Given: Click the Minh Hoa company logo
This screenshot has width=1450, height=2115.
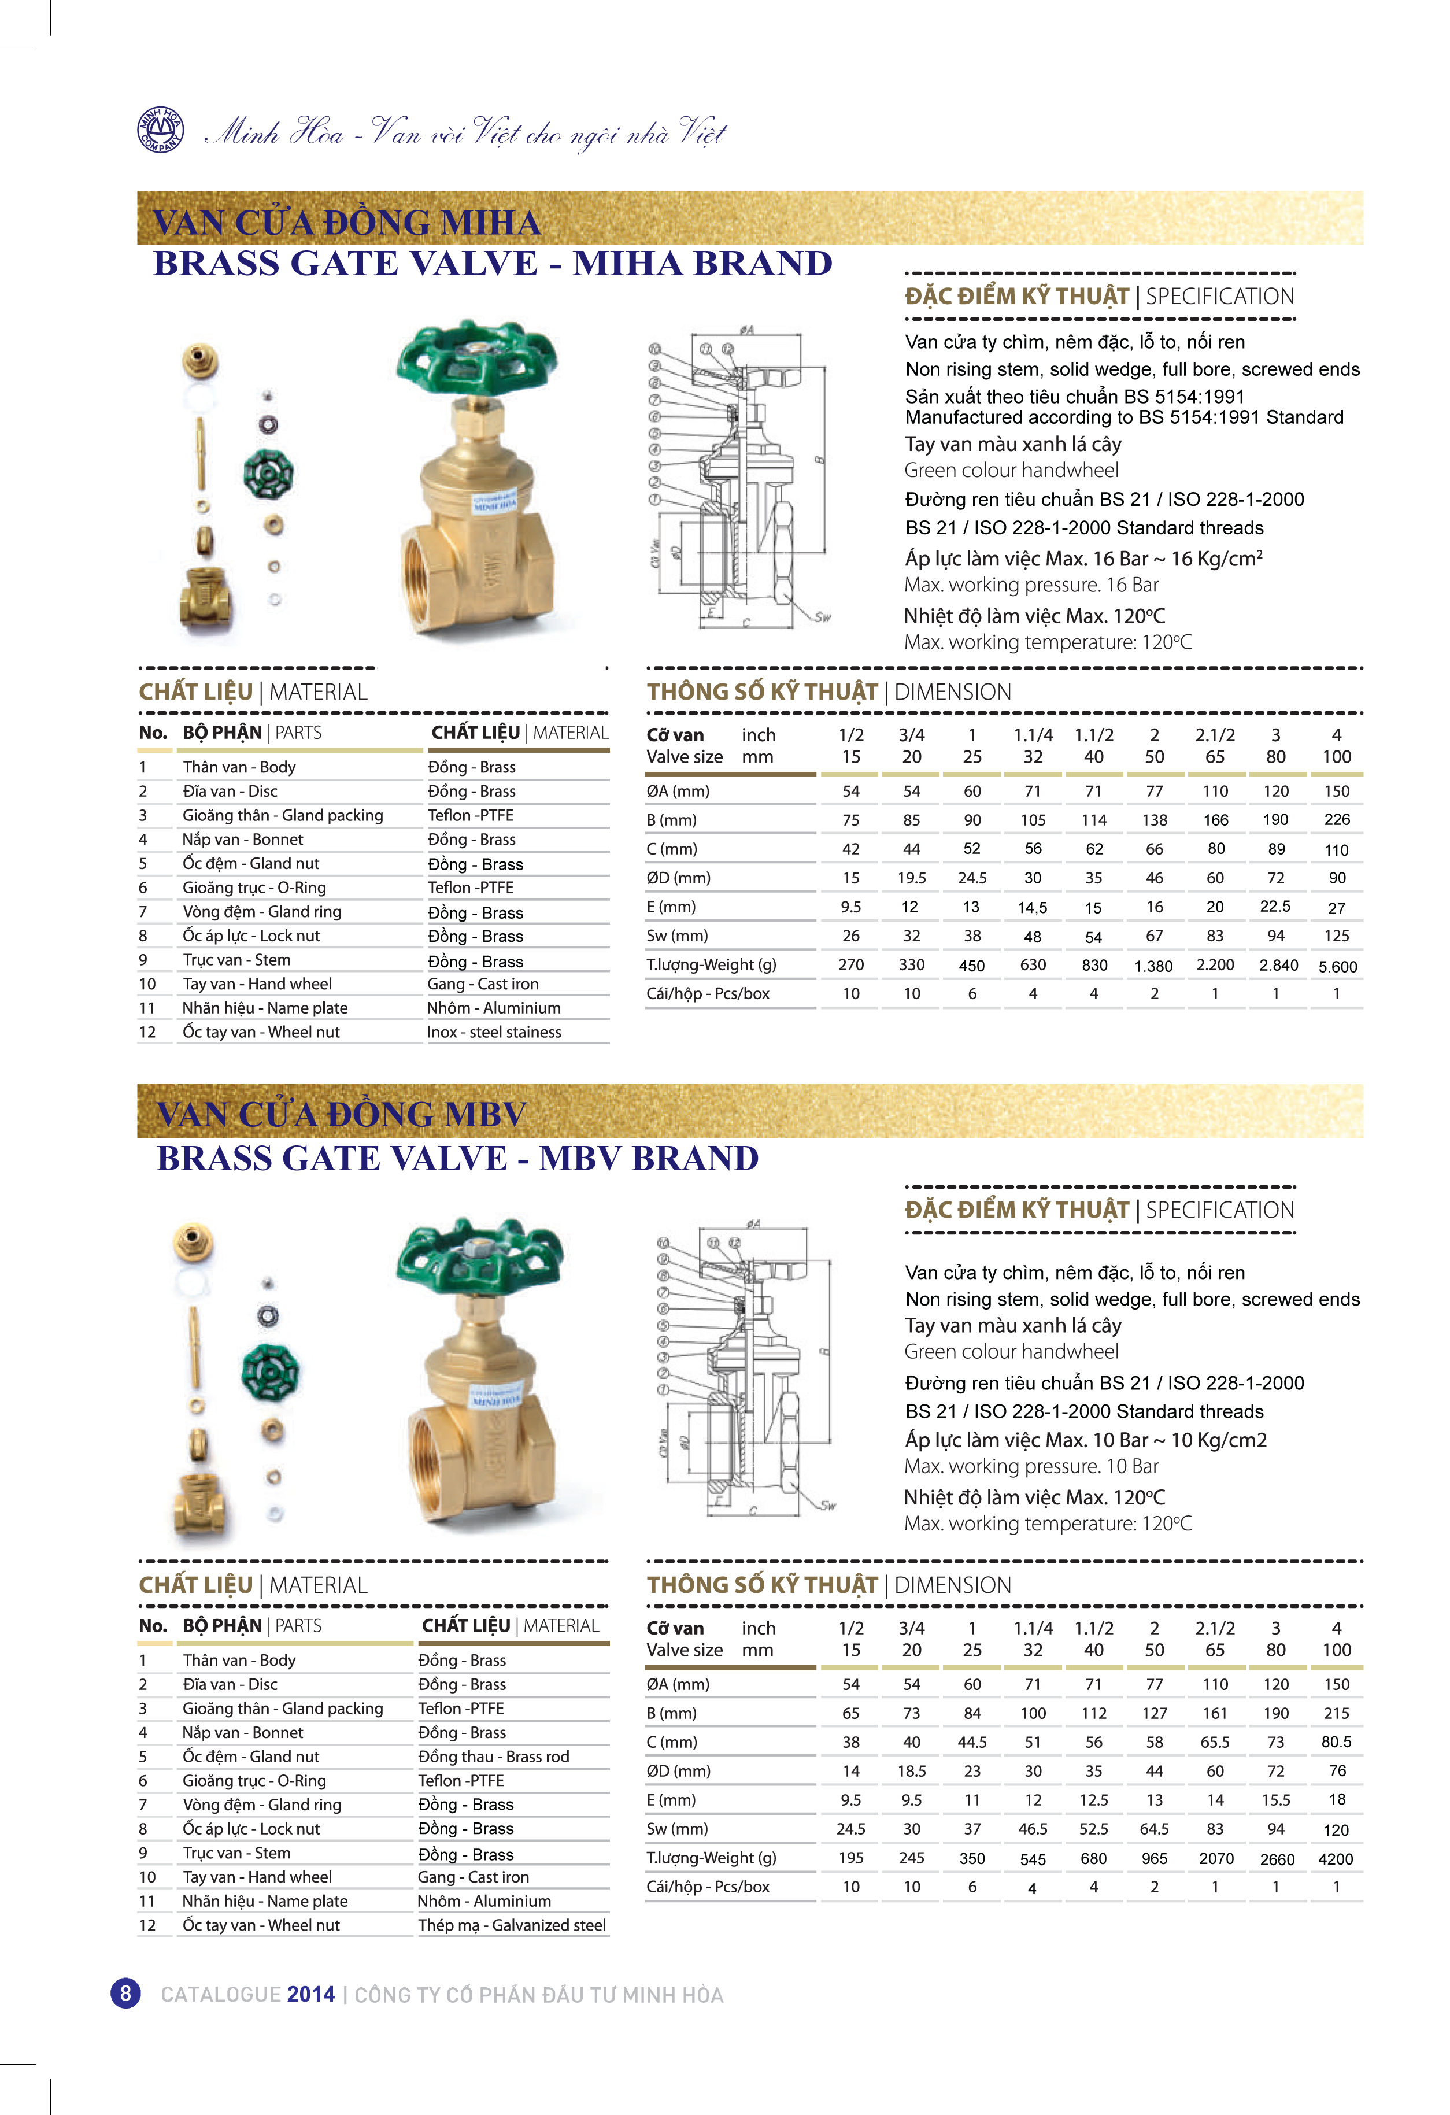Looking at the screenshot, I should [160, 130].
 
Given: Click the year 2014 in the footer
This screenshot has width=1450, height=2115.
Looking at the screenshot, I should [310, 1995].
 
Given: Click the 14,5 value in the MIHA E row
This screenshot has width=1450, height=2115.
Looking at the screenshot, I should [1032, 907].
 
